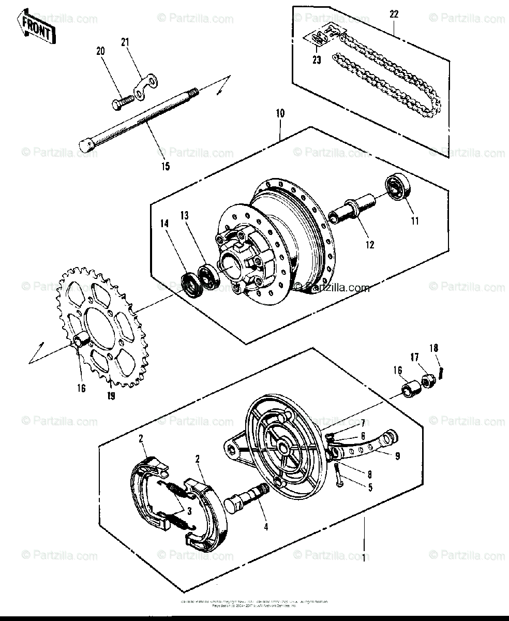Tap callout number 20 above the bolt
coord(100,51)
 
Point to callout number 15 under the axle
coord(165,167)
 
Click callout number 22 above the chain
coord(394,14)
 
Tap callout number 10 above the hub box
coord(279,113)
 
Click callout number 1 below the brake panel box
coord(364,558)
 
